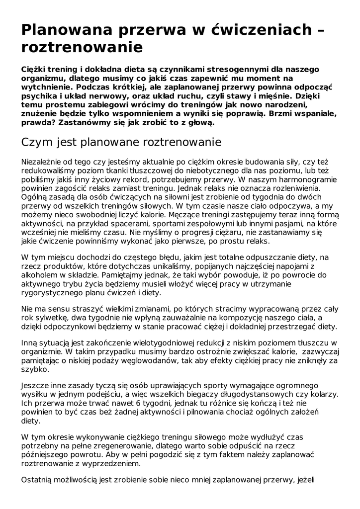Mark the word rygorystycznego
56,292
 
